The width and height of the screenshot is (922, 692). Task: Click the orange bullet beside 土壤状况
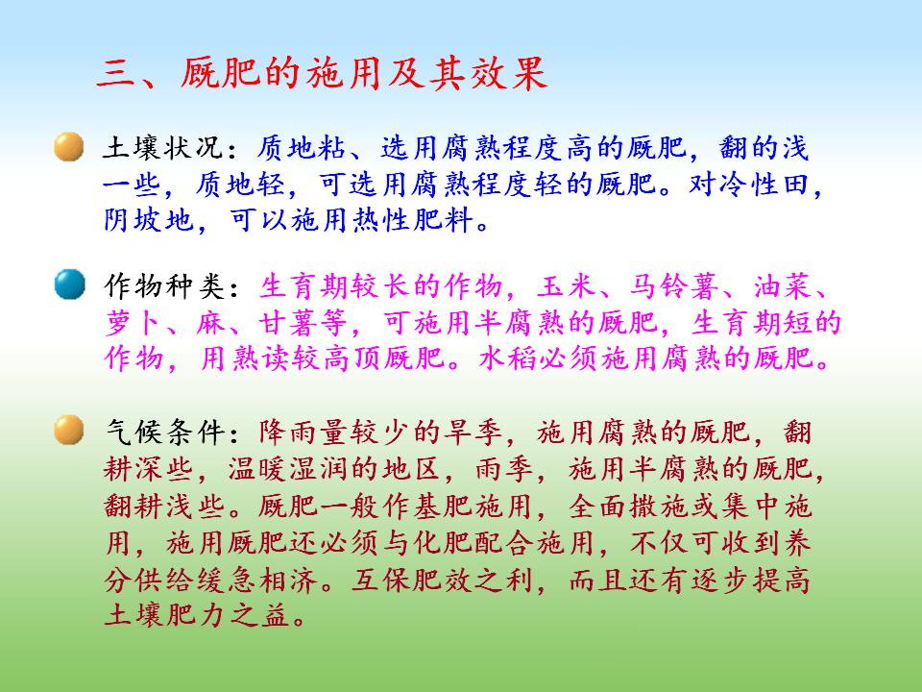(69, 146)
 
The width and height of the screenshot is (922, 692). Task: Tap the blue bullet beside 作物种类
(70, 284)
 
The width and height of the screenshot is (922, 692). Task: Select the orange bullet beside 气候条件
(69, 431)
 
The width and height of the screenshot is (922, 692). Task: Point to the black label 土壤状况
(163, 147)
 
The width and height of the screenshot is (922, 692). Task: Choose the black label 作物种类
(164, 286)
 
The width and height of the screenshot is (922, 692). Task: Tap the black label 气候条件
(164, 432)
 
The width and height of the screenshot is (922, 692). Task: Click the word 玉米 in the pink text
(567, 286)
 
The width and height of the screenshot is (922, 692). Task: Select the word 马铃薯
(674, 286)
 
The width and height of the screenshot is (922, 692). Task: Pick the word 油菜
(783, 286)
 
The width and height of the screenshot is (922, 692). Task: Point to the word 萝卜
(133, 323)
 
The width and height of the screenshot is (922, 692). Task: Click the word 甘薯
(287, 323)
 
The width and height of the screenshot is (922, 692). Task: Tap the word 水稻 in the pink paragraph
(509, 358)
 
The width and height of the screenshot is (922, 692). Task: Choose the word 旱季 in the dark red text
(473, 432)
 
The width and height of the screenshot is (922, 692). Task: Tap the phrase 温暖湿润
(287, 469)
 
